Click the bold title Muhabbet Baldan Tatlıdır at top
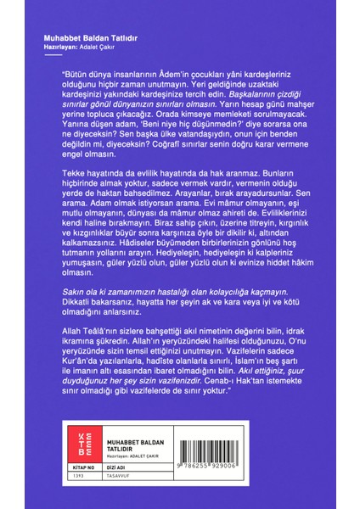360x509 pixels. point(82,37)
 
